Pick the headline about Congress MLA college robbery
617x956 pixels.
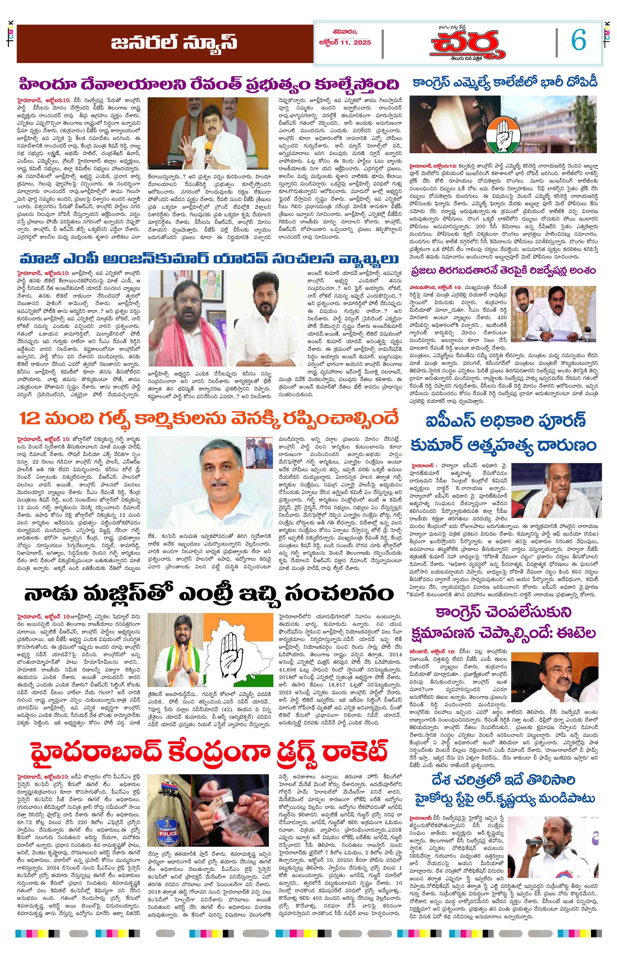(505, 82)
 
